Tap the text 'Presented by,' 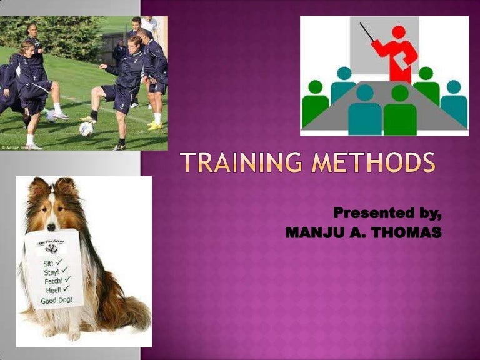point(387,213)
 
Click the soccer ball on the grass point(86,129)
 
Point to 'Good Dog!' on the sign point(56,301)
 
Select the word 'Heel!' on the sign point(52,290)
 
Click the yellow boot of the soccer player point(154,127)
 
